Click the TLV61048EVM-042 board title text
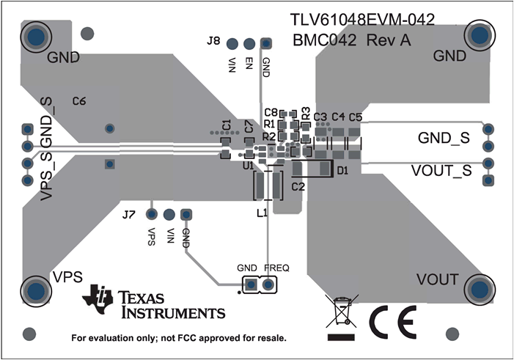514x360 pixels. (362, 21)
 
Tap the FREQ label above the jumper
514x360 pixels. (276, 268)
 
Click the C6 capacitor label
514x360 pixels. (79, 101)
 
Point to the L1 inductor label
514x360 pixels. (262, 213)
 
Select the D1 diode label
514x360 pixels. (342, 170)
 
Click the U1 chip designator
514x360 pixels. (248, 166)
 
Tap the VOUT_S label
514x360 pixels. (440, 170)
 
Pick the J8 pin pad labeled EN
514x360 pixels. (249, 45)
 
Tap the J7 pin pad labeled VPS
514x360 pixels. (152, 214)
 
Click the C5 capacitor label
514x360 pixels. (355, 117)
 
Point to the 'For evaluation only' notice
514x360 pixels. (178, 339)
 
